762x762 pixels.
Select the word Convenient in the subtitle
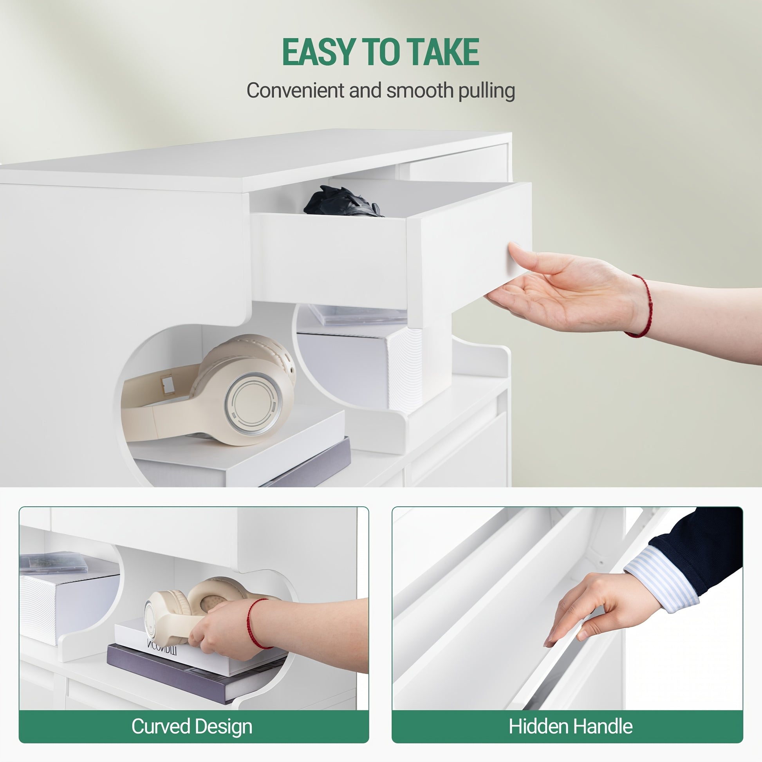[295, 90]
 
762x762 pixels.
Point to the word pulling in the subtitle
[486, 91]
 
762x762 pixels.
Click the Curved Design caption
[192, 726]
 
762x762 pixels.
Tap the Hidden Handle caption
[570, 726]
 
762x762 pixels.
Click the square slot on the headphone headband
[168, 385]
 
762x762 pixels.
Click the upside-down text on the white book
[162, 648]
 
